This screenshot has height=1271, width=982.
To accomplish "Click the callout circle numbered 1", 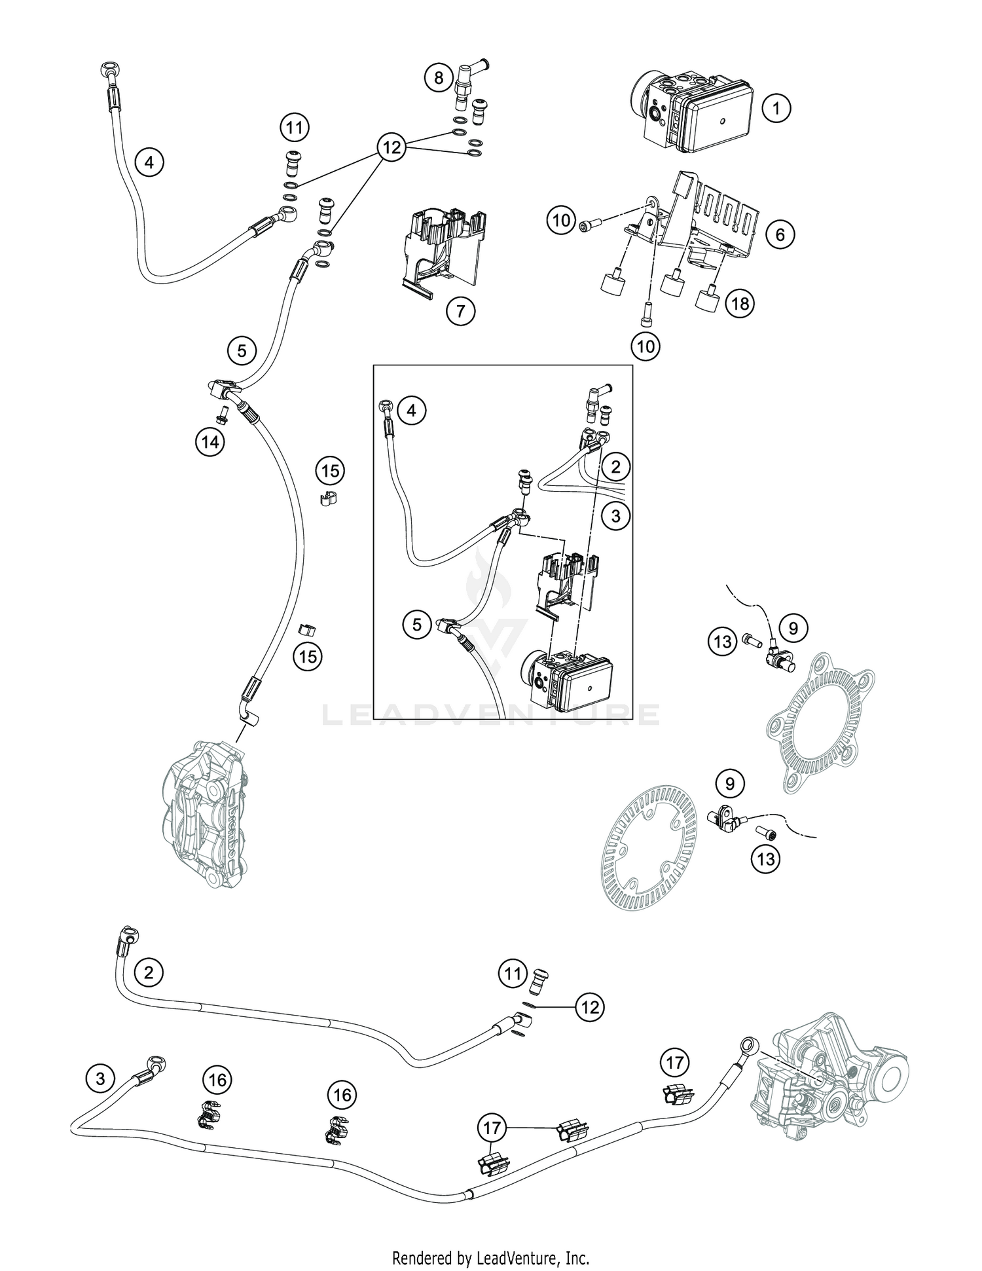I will point(776,107).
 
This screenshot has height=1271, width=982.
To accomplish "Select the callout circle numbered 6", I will point(780,234).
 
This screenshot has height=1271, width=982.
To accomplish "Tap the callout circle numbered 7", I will point(460,311).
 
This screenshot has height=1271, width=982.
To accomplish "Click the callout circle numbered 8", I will point(438,79).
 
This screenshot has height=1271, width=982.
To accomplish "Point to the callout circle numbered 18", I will point(740,303).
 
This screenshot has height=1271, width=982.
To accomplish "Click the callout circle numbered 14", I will point(209,442).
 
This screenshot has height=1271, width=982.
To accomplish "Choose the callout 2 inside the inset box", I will point(615,467).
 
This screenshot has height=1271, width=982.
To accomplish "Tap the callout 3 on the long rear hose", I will point(100,1078).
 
